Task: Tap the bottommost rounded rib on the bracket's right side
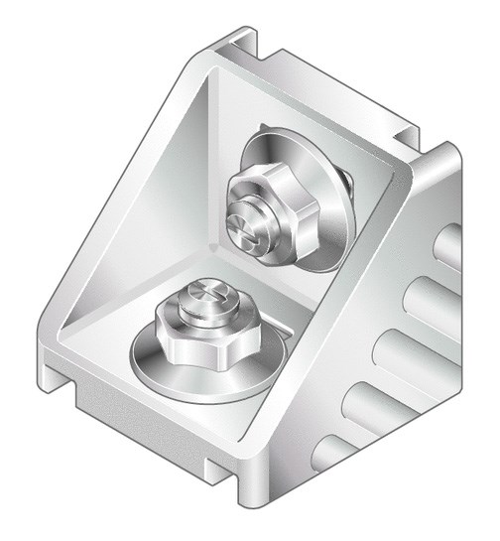(x=332, y=452)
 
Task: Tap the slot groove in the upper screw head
(x=250, y=230)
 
